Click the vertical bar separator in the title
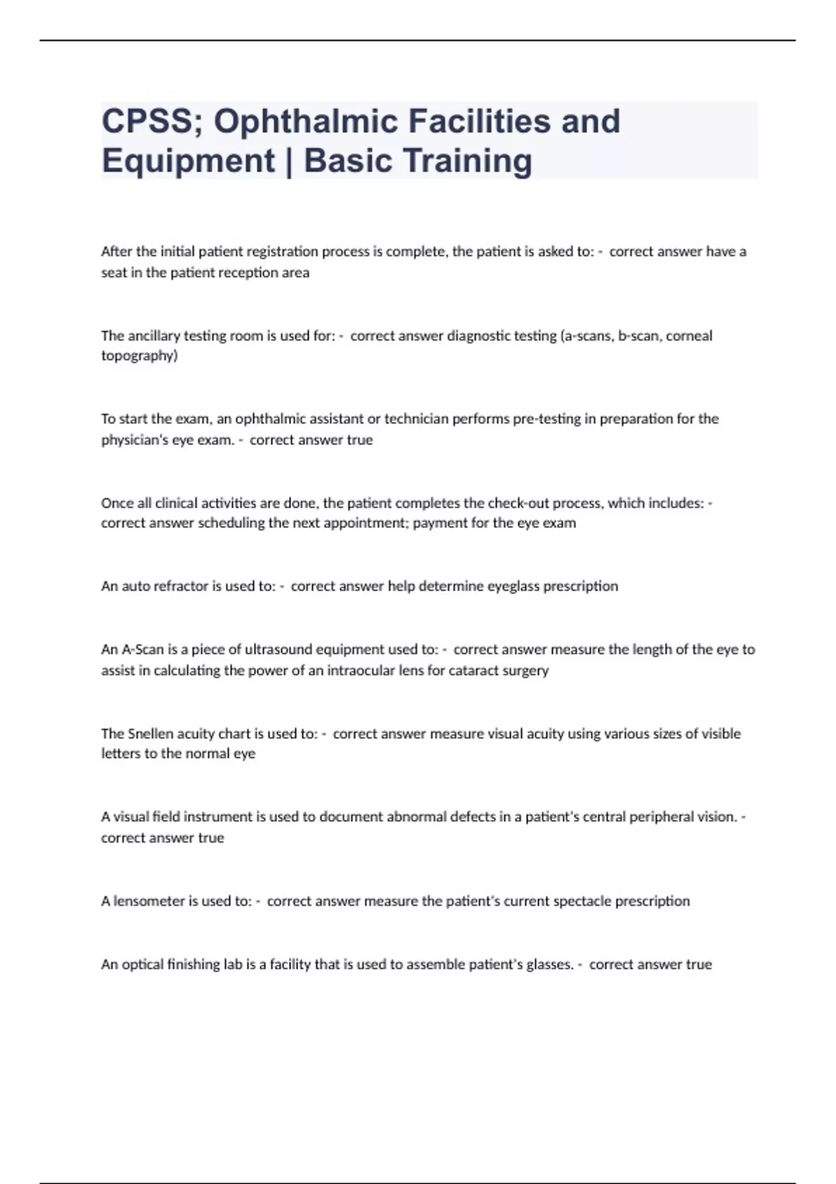click(289, 161)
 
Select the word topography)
click(139, 356)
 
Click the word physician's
click(134, 440)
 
